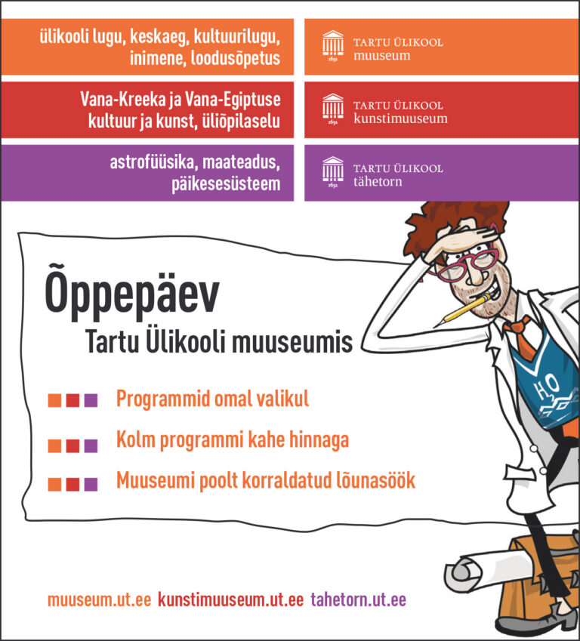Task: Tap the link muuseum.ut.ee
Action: (99, 600)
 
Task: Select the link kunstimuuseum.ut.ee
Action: (231, 600)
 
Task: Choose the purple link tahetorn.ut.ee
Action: (358, 600)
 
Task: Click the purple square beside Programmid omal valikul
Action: (91, 400)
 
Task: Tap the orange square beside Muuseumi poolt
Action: (54, 484)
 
